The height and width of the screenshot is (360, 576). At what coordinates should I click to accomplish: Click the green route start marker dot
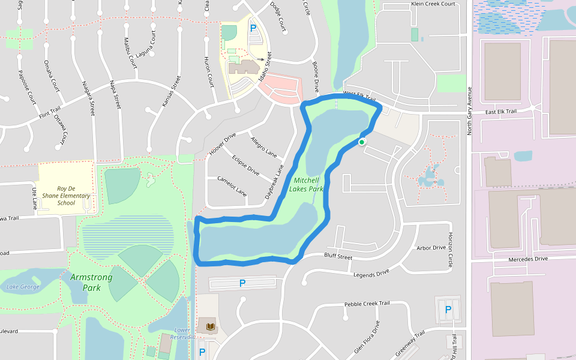[362, 142]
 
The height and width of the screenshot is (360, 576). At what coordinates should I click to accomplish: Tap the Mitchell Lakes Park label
[306, 184]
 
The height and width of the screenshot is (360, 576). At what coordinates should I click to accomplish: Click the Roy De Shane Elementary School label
[66, 196]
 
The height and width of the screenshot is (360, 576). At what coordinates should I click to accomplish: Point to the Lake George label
[23, 287]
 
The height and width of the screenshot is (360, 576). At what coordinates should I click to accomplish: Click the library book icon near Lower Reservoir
[209, 327]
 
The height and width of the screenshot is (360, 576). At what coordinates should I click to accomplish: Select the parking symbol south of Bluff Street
[242, 283]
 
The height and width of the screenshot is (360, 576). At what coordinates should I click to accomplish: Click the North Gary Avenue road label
[470, 110]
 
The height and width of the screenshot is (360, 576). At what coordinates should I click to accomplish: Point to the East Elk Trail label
[501, 112]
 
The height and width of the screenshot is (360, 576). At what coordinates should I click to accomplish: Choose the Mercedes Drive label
[528, 259]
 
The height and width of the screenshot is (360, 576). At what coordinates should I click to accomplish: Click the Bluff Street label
[338, 257]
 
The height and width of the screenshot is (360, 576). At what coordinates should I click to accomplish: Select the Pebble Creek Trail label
[367, 304]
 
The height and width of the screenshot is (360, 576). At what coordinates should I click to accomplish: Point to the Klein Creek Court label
[433, 4]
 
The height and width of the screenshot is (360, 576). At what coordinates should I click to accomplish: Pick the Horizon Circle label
[451, 250]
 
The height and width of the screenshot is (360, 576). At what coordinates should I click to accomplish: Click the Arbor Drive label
[431, 247]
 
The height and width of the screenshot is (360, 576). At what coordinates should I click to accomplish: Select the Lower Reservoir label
[182, 333]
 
